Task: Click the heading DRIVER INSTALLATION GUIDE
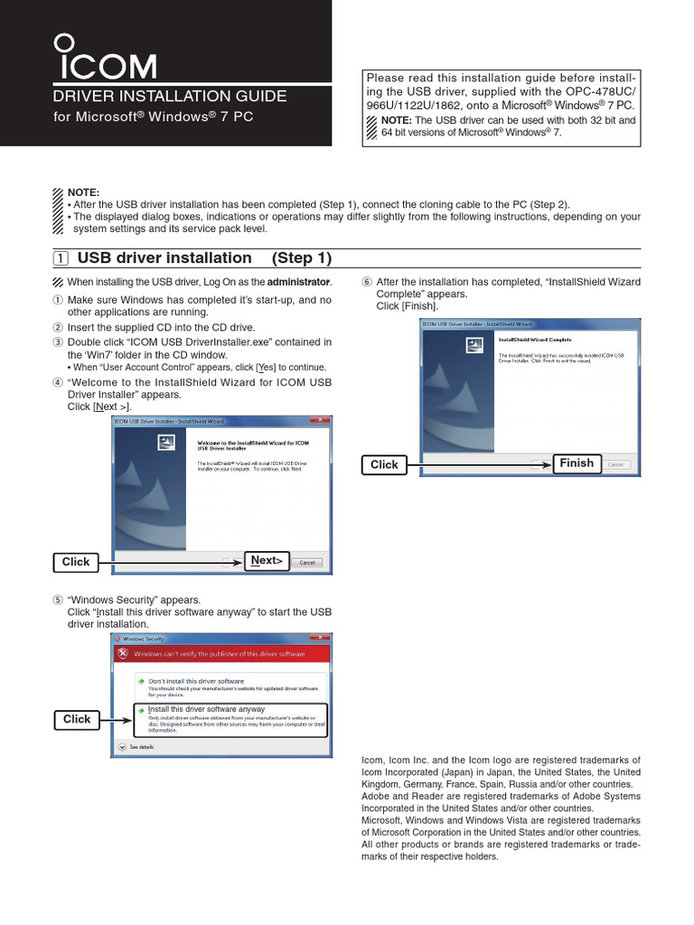coord(171,96)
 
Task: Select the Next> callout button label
coord(267,561)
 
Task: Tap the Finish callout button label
coord(577,463)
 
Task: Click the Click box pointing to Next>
coord(76,562)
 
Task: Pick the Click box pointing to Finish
coord(384,464)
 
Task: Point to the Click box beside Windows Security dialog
coord(77,719)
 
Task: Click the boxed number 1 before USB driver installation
coord(60,258)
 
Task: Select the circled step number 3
coord(59,342)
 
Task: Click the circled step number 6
coord(366,282)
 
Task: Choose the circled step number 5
coord(59,600)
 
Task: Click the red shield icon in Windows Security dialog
coord(123,653)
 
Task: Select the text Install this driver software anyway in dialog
coord(206,709)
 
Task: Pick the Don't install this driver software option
coord(195,680)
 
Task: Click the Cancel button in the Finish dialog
coord(615,464)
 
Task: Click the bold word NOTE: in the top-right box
coord(396,119)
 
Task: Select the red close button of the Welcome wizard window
coord(318,420)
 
